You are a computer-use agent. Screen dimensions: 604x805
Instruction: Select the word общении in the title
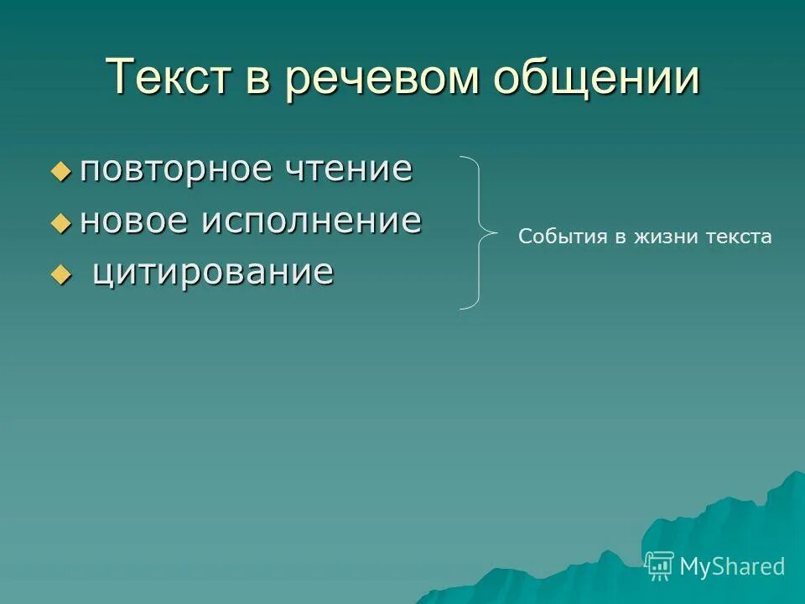tap(596, 78)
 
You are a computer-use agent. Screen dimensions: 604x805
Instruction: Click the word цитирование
tap(213, 273)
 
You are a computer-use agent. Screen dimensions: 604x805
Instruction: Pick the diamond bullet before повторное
tap(61, 172)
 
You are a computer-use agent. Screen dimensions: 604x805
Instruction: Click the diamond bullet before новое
tap(61, 223)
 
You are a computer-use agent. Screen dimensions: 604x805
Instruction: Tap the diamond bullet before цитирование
tap(61, 274)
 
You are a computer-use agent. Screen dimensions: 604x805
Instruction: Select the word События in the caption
tap(562, 237)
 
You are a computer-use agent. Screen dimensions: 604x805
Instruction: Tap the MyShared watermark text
tap(731, 566)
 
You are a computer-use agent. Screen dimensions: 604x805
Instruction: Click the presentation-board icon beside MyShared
tap(659, 566)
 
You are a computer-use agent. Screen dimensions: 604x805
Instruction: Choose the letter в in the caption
tap(620, 237)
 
